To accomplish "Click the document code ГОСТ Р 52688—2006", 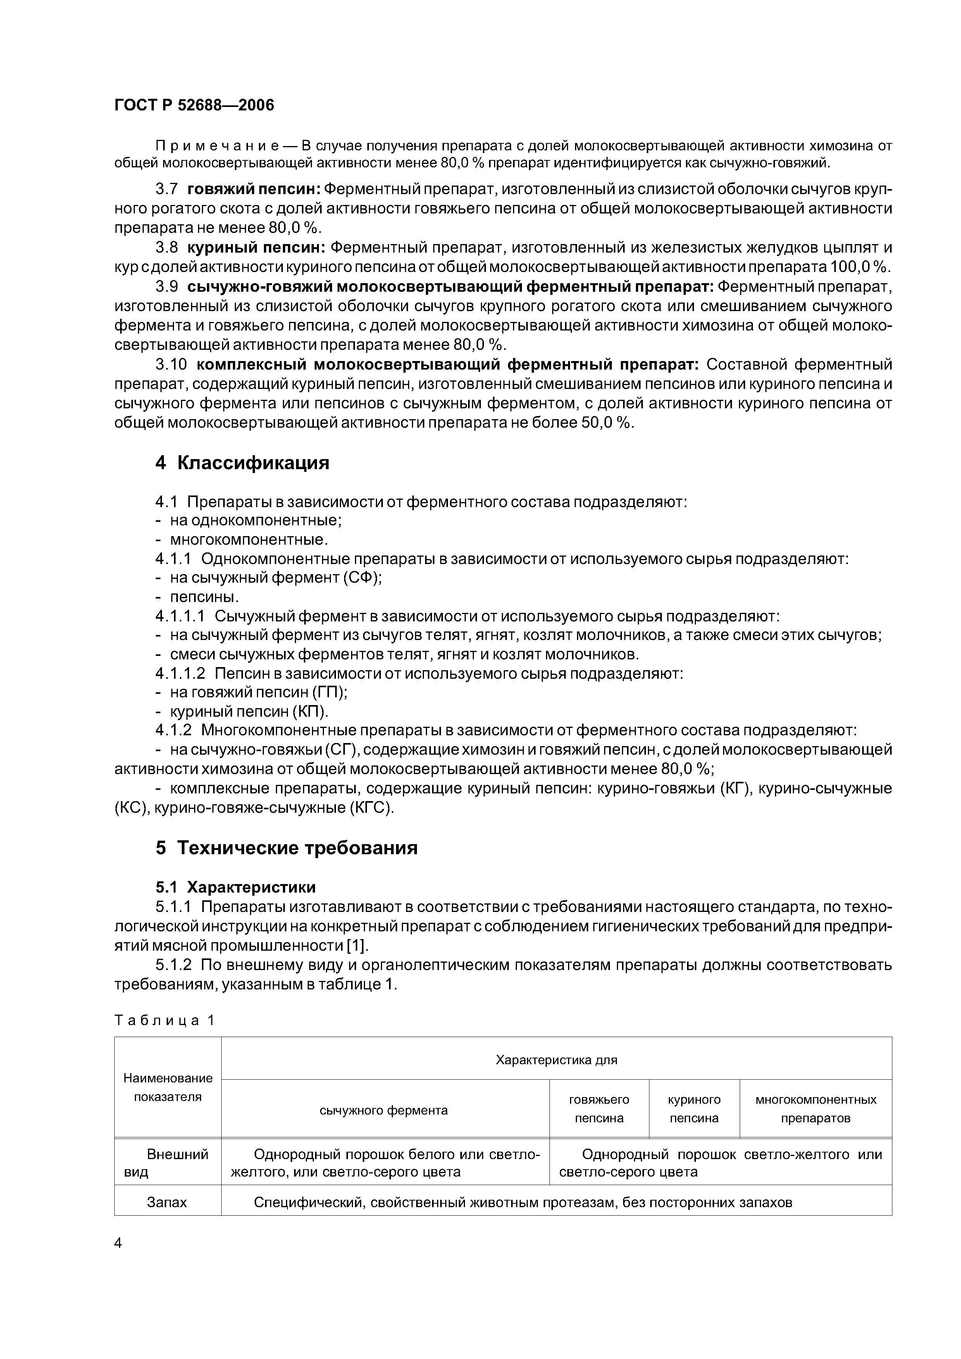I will tap(194, 105).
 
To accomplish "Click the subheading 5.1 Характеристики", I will tap(235, 887).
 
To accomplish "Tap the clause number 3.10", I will tap(168, 363).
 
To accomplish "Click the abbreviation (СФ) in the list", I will tap(362, 578).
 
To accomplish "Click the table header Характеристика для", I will tap(556, 1060).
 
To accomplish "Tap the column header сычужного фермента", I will tap(384, 1110).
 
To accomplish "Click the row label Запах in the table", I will tap(167, 1202).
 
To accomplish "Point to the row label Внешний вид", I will tap(167, 1163).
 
